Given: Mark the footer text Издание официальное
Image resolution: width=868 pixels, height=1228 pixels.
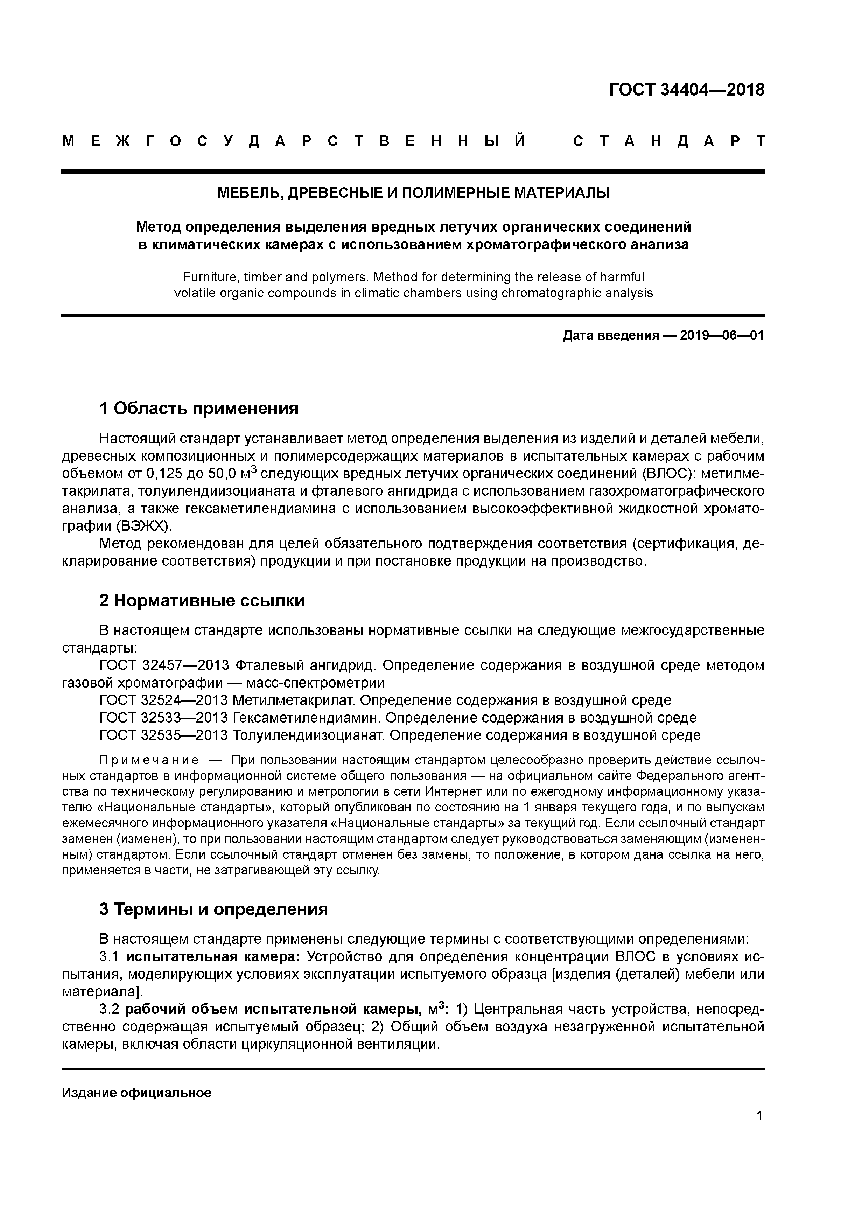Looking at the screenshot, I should (x=136, y=1093).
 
